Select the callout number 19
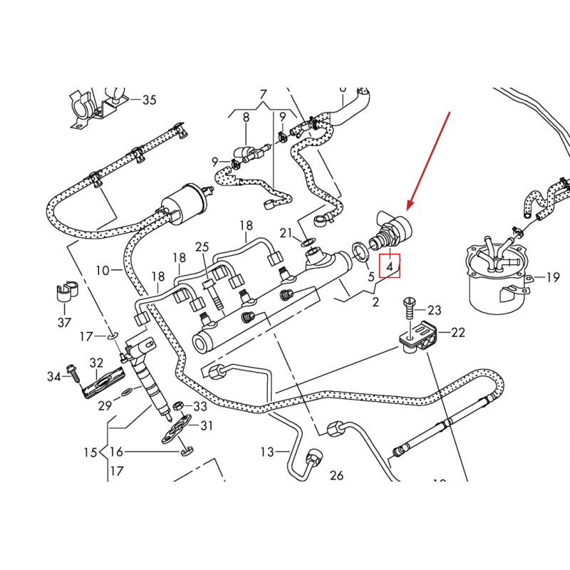coord(553,278)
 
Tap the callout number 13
coord(266,452)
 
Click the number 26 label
coord(337,475)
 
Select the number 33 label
coord(199,406)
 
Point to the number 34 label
coord(54,375)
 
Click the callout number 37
coord(64,323)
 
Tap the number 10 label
coord(103,271)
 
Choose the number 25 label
coord(202,247)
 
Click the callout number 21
coord(286,233)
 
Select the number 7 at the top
coord(263,95)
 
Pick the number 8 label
coord(246,118)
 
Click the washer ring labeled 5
coord(361,249)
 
